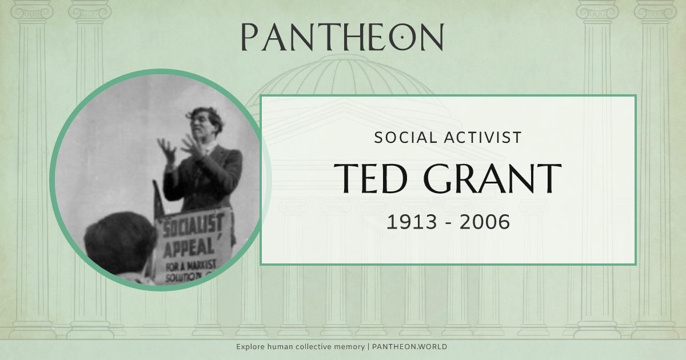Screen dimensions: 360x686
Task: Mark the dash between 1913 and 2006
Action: tap(448, 223)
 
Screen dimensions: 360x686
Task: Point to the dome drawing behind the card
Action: tap(343, 74)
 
